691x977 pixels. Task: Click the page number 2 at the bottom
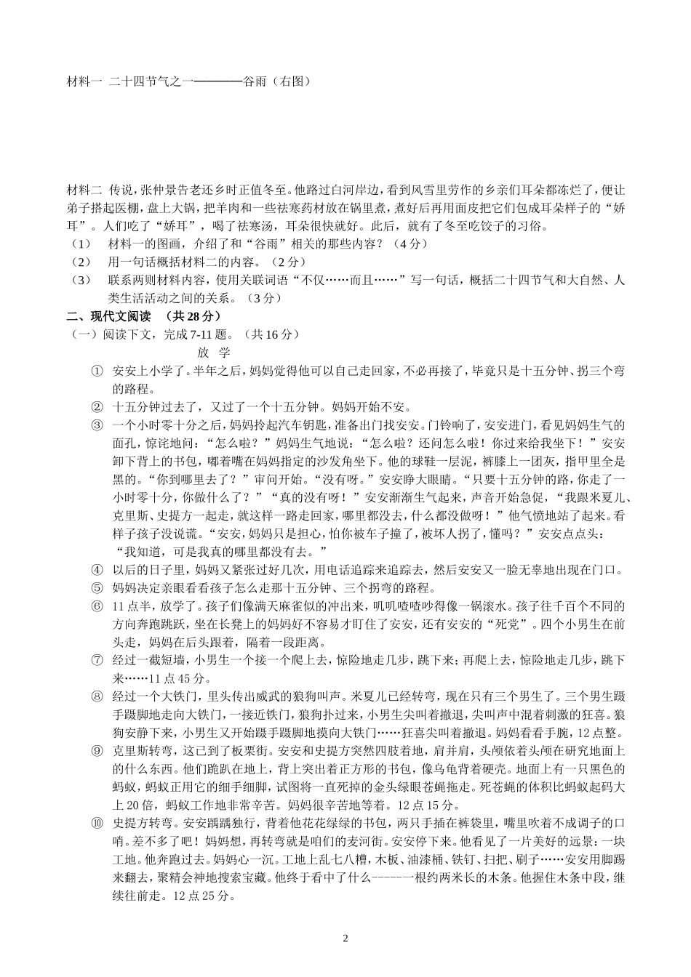tap(345, 938)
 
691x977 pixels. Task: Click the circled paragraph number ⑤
tap(97, 588)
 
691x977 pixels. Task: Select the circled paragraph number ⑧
tap(97, 696)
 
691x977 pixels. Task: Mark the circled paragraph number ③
tap(97, 425)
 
